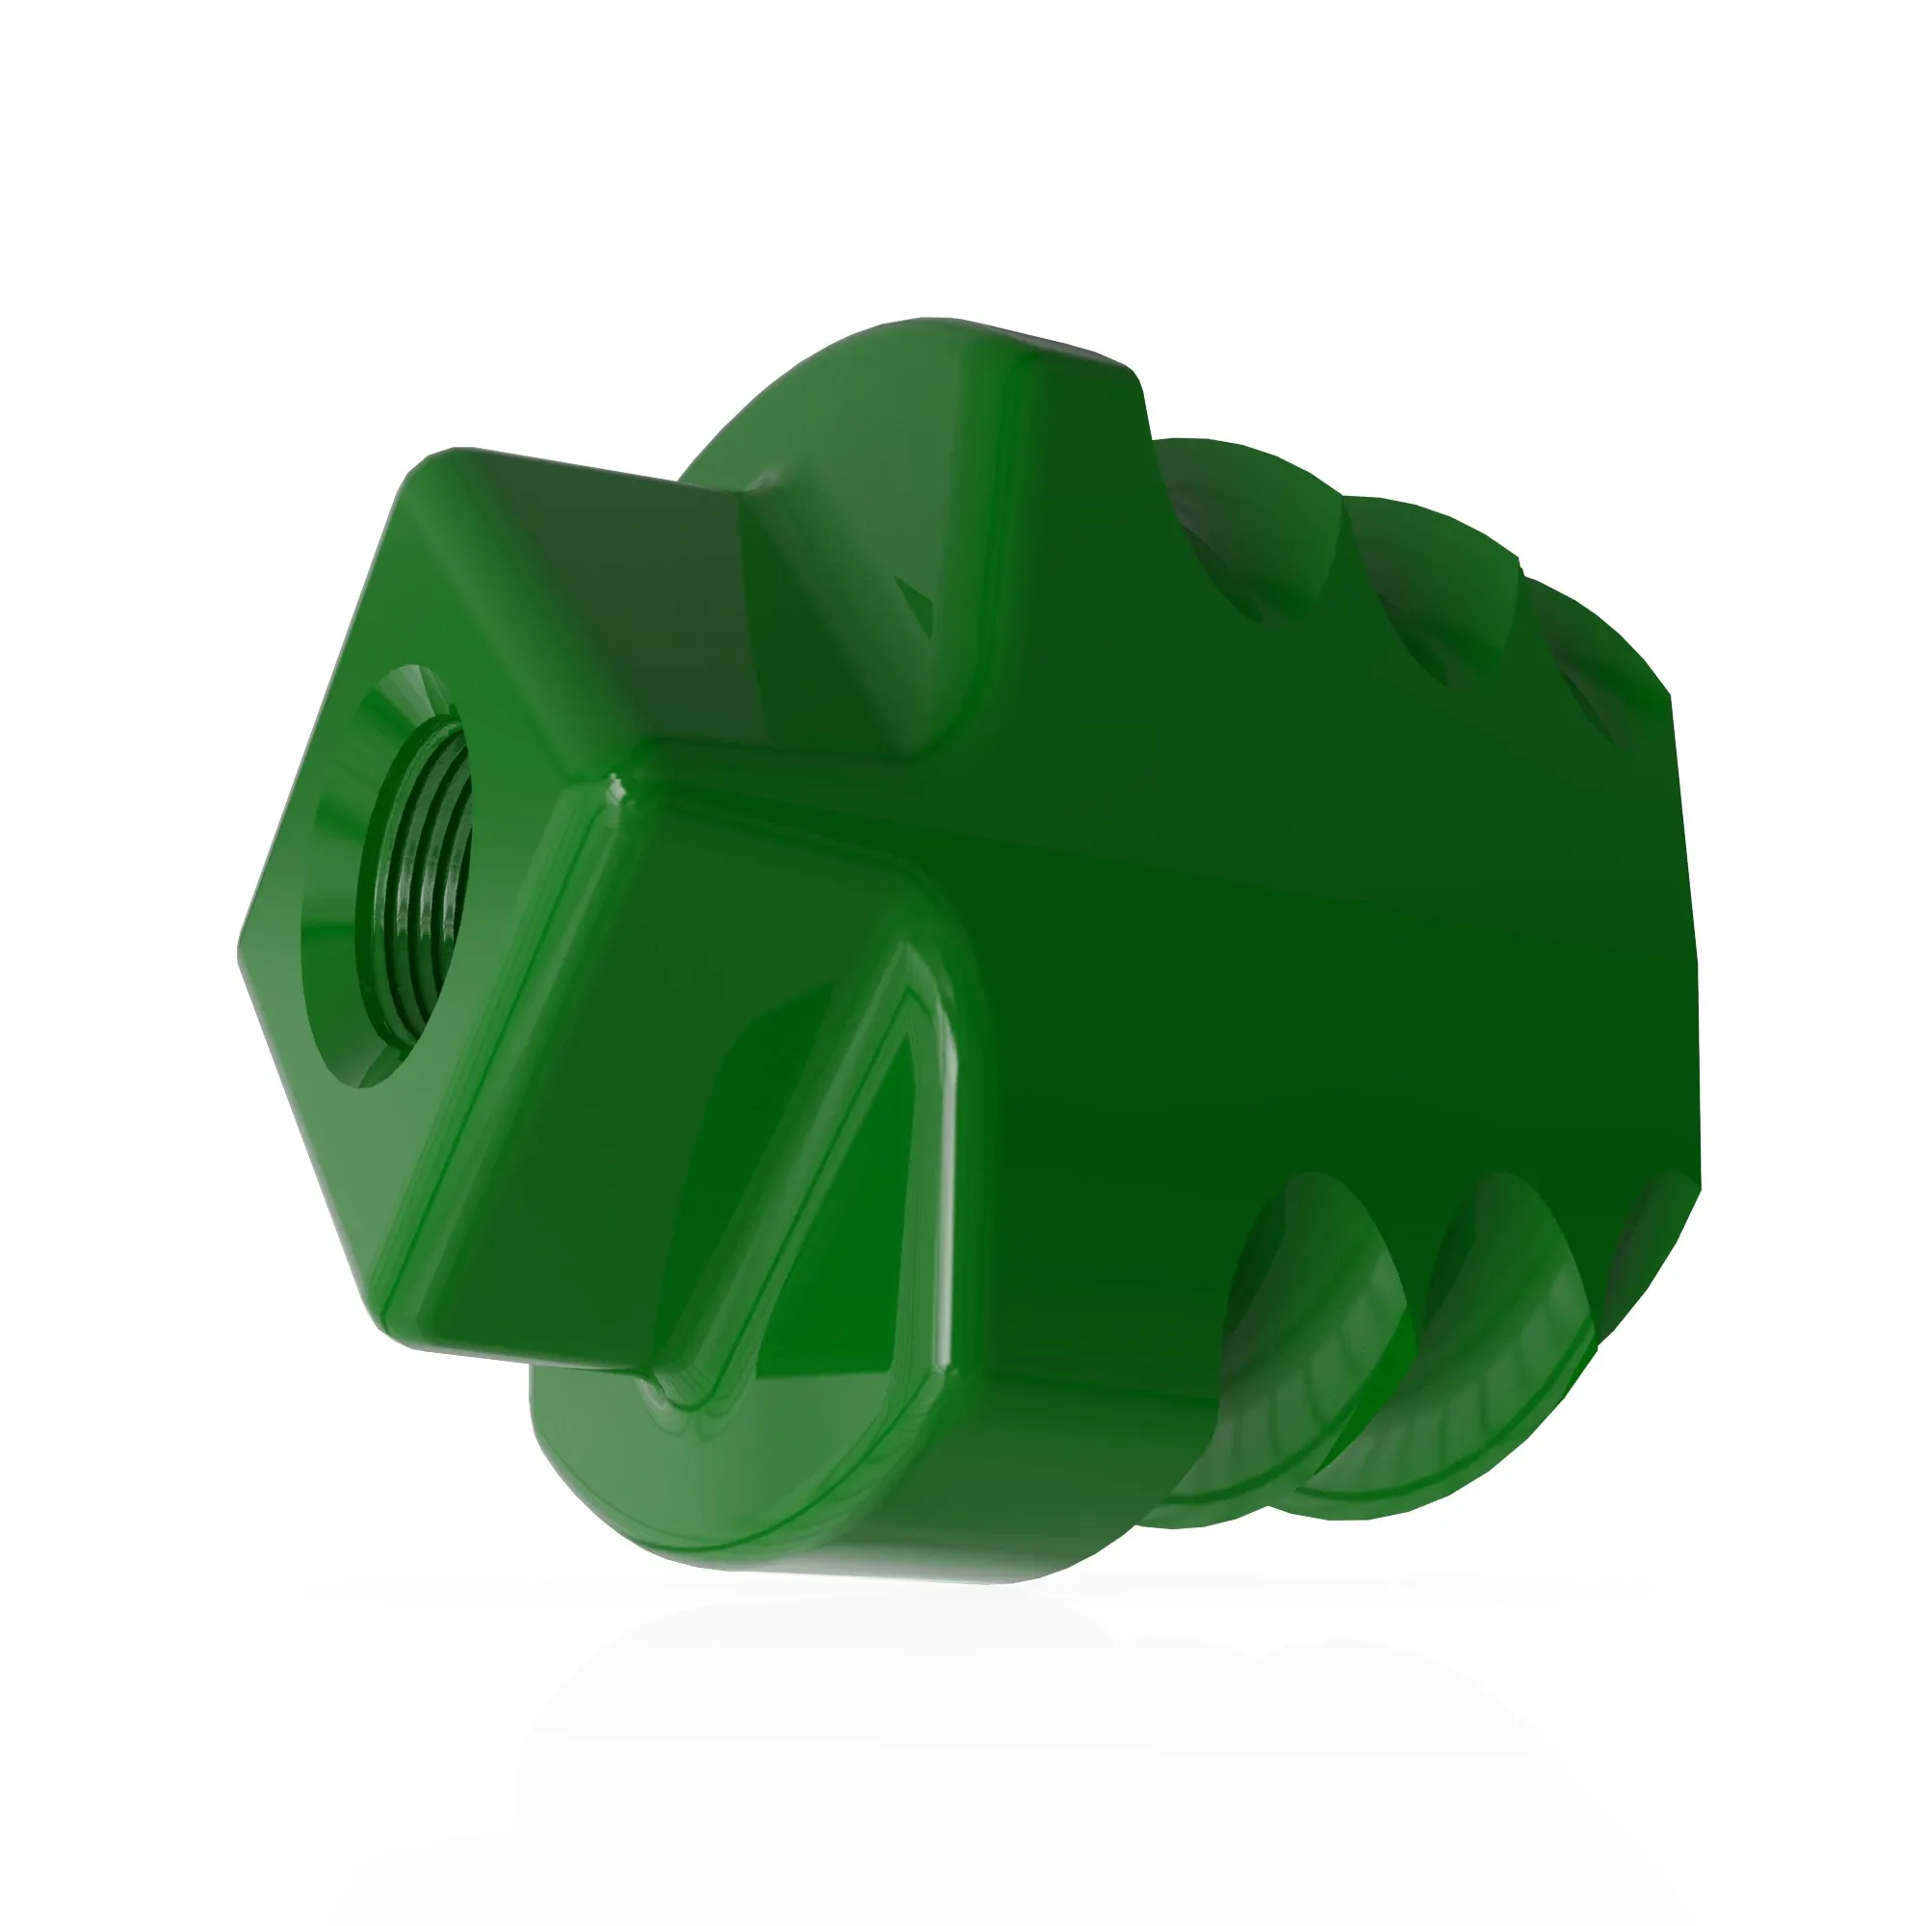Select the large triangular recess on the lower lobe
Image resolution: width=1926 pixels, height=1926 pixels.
pyautogui.click(x=857, y=1196)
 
